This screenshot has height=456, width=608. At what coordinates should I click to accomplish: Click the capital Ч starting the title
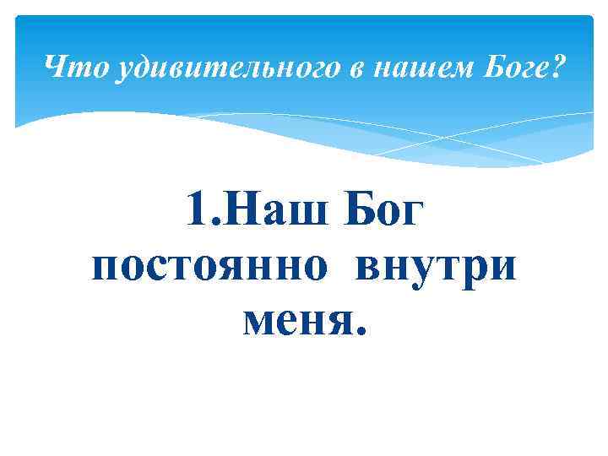56,64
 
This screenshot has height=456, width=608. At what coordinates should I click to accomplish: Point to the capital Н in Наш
241,208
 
